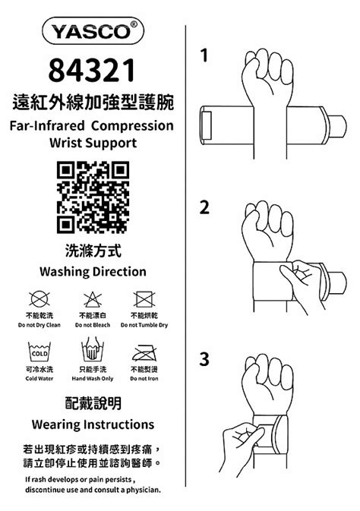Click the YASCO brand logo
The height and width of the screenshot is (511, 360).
(93, 31)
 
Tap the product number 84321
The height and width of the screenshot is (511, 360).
(92, 70)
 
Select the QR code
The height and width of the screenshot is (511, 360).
(93, 197)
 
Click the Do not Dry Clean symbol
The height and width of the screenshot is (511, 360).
(39, 298)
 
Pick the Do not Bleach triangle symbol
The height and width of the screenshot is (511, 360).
(93, 299)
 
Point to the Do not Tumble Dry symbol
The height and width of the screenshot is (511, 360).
(144, 299)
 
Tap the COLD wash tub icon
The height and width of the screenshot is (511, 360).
(39, 352)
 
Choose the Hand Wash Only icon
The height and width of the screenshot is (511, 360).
(93, 349)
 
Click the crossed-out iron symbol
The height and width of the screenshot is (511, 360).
(144, 352)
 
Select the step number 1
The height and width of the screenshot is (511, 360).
(204, 55)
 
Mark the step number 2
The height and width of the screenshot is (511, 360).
(204, 207)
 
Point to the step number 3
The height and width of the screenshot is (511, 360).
(204, 359)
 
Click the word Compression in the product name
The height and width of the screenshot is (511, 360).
(132, 126)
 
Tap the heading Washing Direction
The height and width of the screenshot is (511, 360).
(93, 272)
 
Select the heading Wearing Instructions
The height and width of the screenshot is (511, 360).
(93, 424)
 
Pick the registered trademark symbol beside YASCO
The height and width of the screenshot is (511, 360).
(134, 25)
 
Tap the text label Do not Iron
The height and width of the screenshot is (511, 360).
(144, 379)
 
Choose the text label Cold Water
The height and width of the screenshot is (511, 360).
(39, 379)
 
